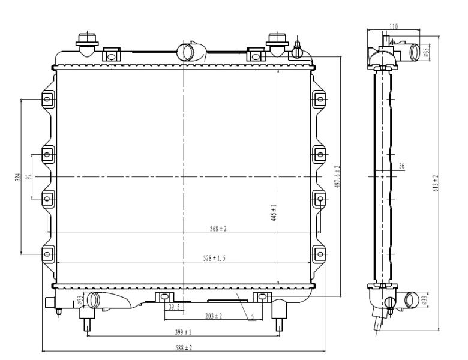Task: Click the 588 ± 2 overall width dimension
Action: [183, 347]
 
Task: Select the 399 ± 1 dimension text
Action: [183, 332]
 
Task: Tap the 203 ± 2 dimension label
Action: [214, 316]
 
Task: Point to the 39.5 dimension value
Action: [174, 307]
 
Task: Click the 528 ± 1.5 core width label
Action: [214, 258]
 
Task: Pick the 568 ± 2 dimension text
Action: [218, 229]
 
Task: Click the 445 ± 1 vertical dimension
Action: [274, 212]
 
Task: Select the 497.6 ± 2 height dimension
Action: [338, 176]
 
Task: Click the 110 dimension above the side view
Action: [394, 26]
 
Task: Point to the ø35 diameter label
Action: [427, 52]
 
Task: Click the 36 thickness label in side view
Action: [402, 166]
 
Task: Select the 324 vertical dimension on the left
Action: [18, 178]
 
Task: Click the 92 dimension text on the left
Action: [29, 177]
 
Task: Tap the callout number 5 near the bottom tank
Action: [253, 317]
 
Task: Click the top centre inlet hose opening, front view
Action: [186, 52]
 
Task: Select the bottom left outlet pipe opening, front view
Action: [92, 300]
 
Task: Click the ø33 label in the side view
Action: [425, 299]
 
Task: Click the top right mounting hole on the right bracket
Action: [320, 99]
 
